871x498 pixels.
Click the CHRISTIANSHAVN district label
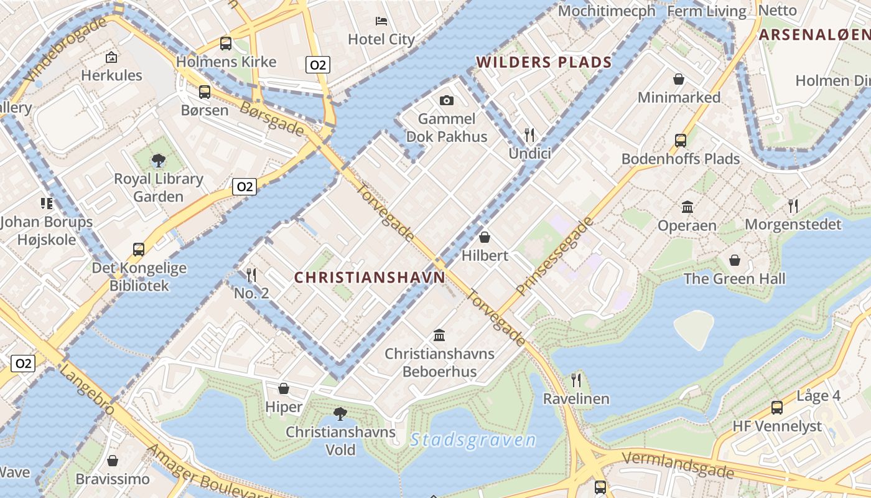click(x=370, y=278)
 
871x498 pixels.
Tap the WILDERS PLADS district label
click(x=544, y=62)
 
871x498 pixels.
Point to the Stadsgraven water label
click(x=473, y=440)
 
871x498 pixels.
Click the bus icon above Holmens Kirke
click(x=226, y=44)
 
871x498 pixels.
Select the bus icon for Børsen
click(x=205, y=92)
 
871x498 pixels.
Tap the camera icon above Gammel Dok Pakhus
click(x=446, y=100)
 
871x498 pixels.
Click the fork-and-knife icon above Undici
click(x=529, y=134)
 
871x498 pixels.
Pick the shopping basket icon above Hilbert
click(x=485, y=237)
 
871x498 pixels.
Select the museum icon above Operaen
click(x=687, y=207)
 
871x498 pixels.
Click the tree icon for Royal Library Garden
click(x=159, y=161)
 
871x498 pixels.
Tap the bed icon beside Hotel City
click(x=382, y=21)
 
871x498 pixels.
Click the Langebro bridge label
click(x=88, y=389)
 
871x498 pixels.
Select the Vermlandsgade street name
click(x=678, y=464)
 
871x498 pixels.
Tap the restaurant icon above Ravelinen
click(x=576, y=380)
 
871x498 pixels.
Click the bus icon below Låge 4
click(x=777, y=408)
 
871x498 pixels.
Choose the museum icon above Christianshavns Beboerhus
click(x=439, y=335)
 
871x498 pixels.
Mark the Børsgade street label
click(x=272, y=118)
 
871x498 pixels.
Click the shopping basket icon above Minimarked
click(x=679, y=79)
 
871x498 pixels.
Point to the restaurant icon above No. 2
click(x=251, y=274)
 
